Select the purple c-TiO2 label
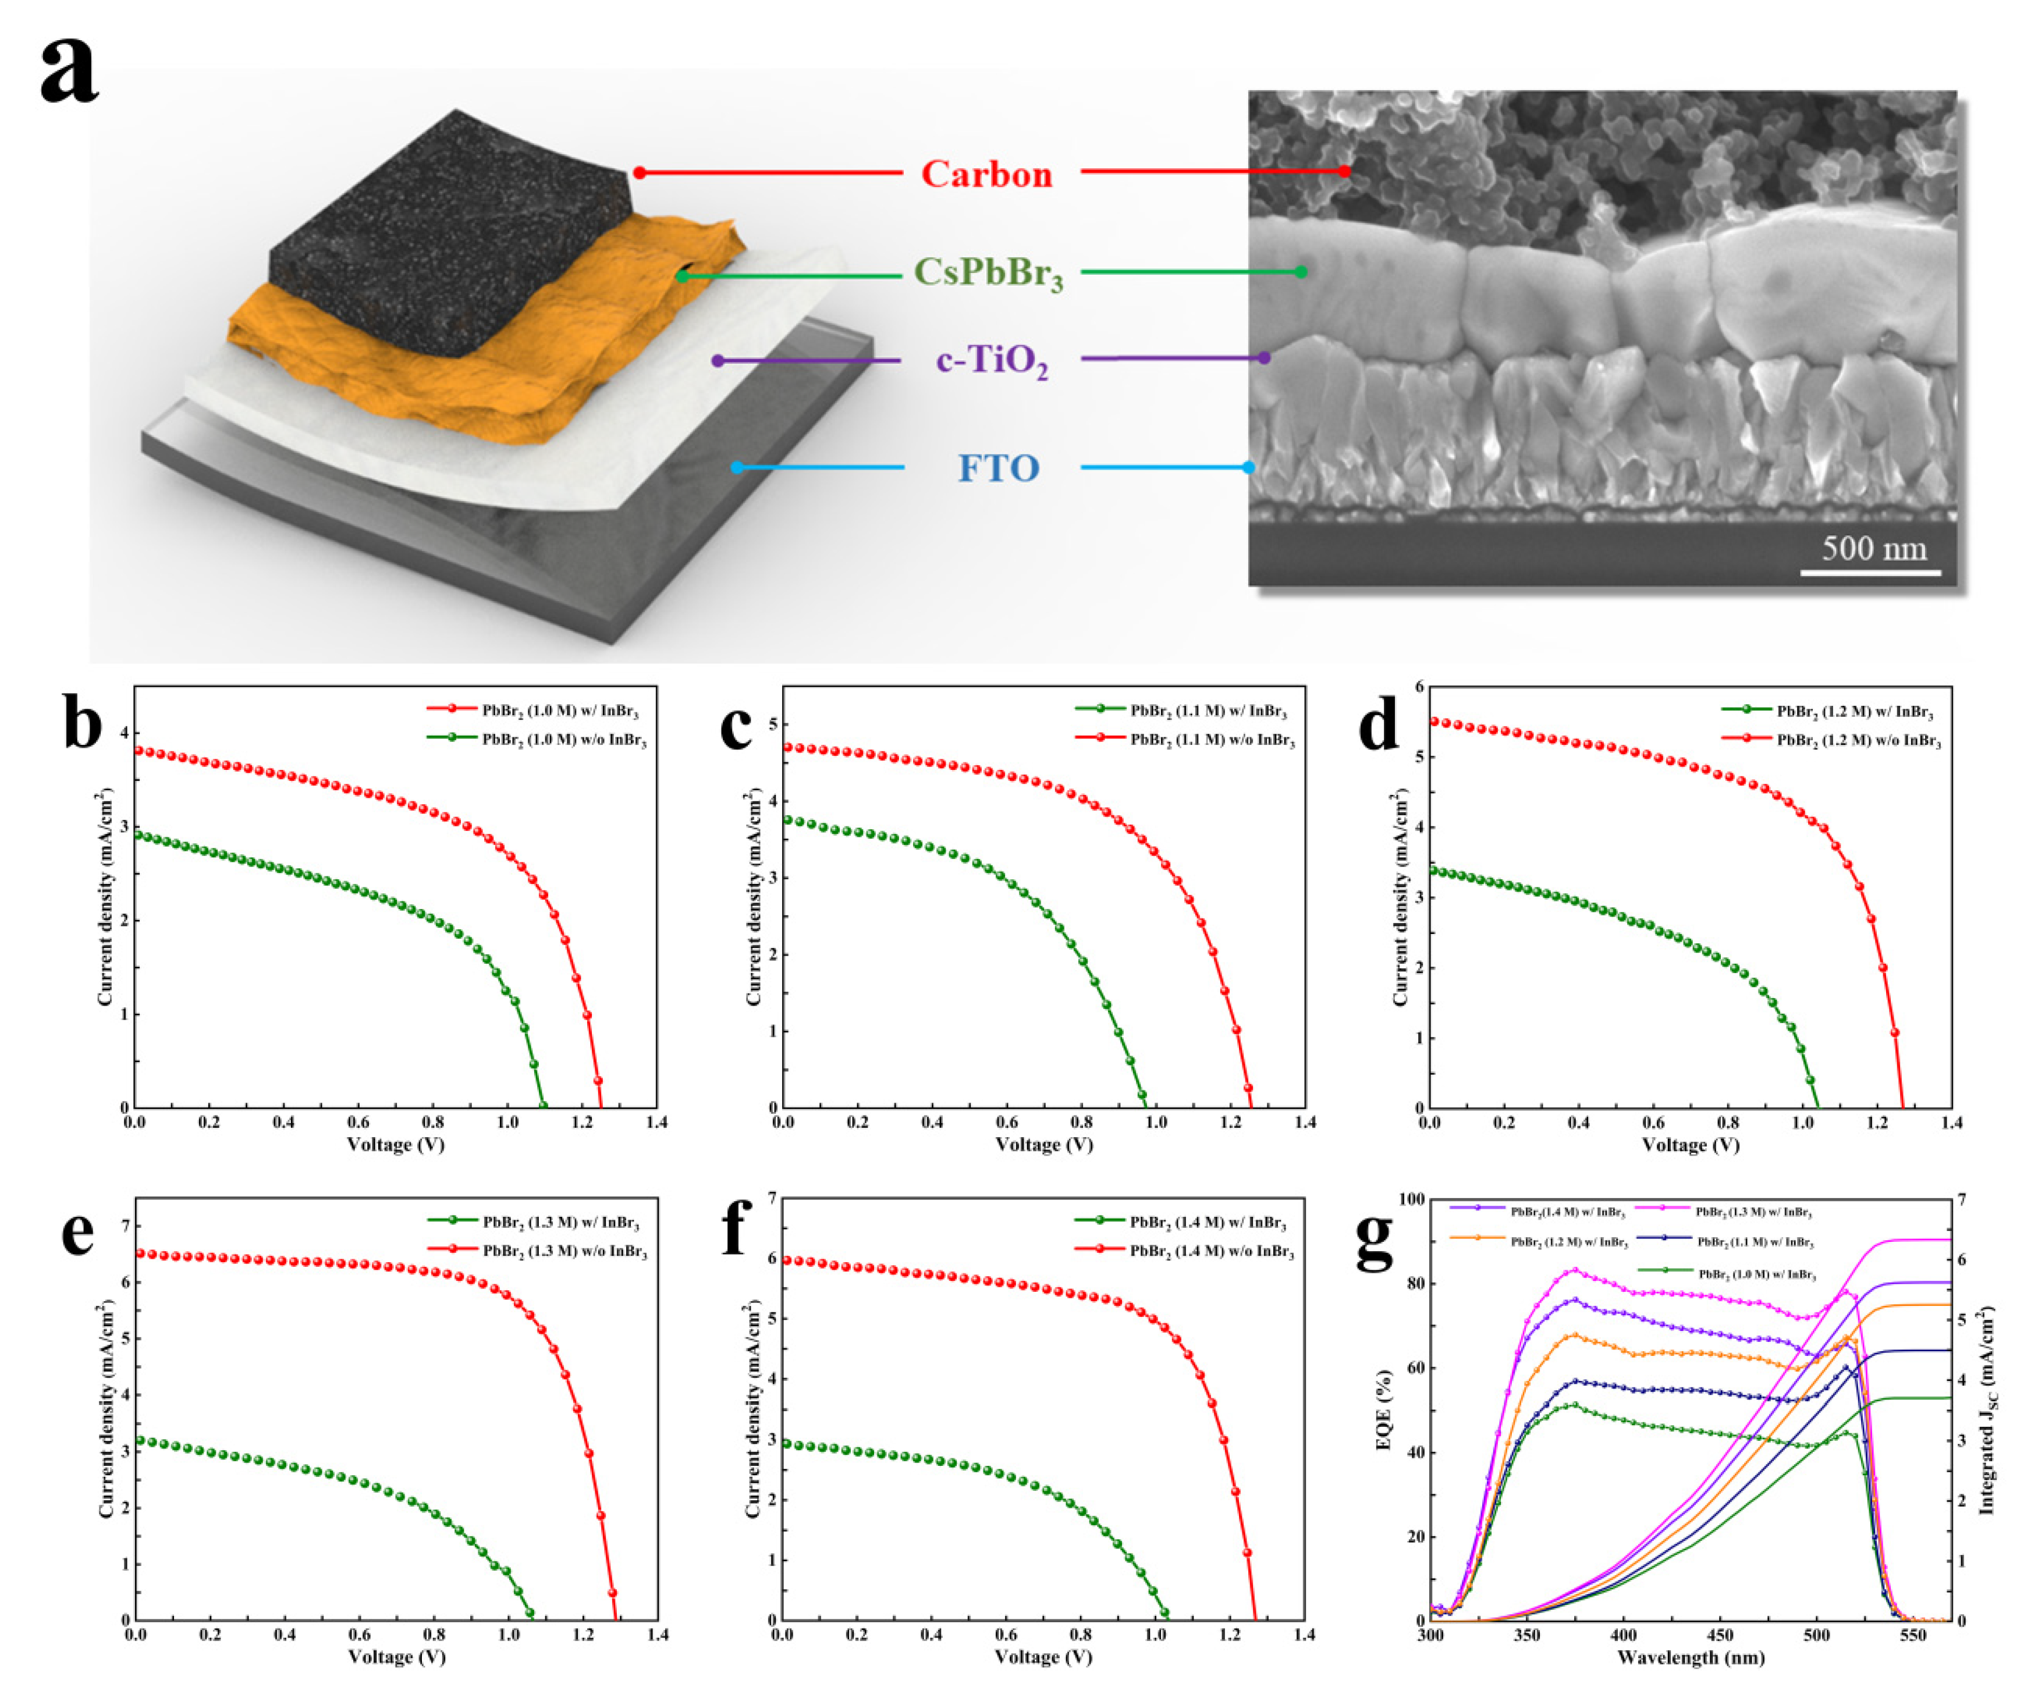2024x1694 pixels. click(x=992, y=361)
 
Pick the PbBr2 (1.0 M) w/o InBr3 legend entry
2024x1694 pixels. click(x=564, y=741)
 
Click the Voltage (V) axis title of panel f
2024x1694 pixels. click(x=1044, y=1657)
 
